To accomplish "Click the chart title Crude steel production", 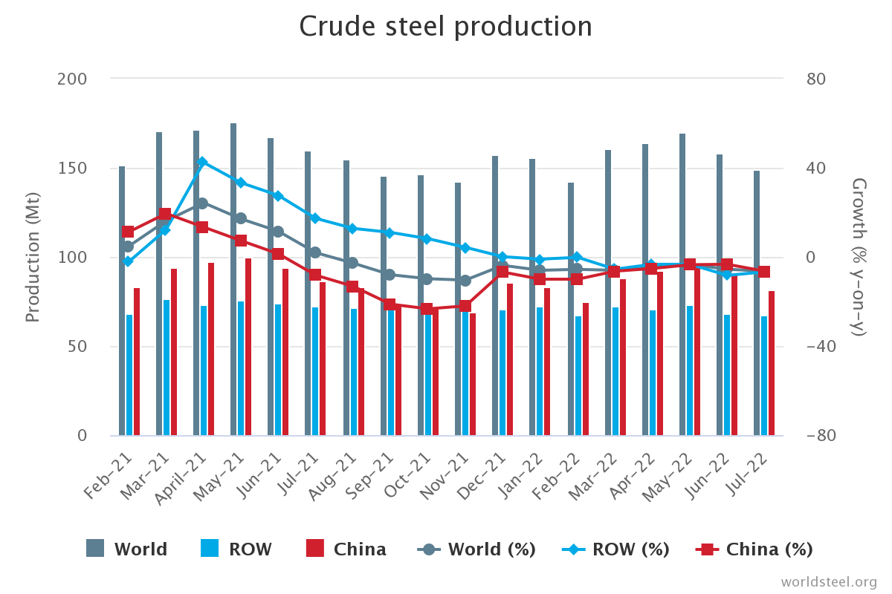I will (x=445, y=27).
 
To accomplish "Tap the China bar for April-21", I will (x=211, y=349).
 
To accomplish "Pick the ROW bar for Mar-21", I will (x=167, y=368).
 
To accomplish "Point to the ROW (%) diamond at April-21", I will (x=202, y=162).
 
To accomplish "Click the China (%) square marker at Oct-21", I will (x=427, y=309).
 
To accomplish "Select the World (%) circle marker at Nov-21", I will (x=465, y=281).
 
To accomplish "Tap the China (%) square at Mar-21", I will (x=165, y=215).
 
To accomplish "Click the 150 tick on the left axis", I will (x=72, y=168).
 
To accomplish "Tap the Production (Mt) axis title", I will (x=32, y=257).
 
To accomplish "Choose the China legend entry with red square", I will (x=346, y=549).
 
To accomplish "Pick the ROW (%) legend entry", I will (x=616, y=549).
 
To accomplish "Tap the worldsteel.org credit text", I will (x=829, y=581).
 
